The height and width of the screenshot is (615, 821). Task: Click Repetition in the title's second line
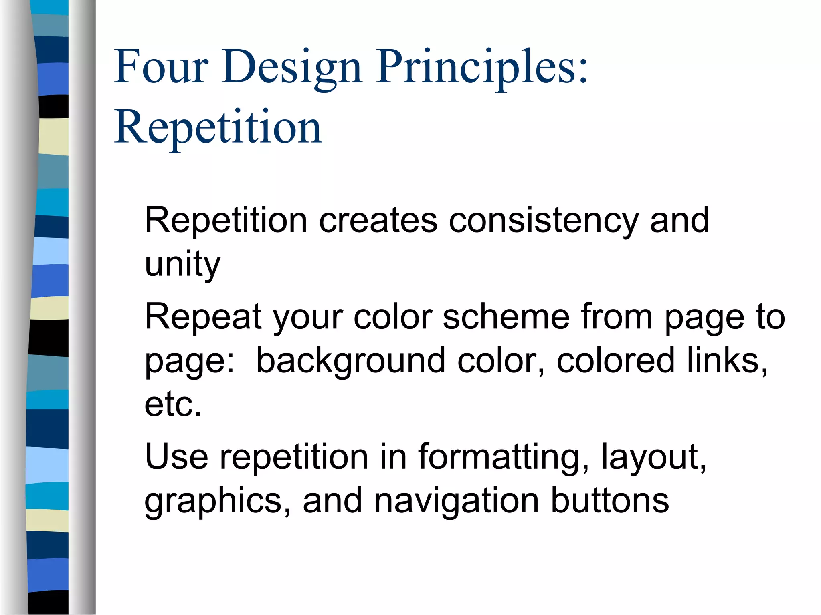coord(218,127)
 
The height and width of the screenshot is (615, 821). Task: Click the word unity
coord(182,264)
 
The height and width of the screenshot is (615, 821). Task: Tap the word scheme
coord(506,317)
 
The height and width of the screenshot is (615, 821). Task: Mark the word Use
coord(176,457)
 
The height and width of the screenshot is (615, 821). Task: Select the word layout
coord(653,457)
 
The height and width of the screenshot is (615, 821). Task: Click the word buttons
coord(610,501)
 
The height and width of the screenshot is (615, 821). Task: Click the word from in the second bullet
coord(617,317)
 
